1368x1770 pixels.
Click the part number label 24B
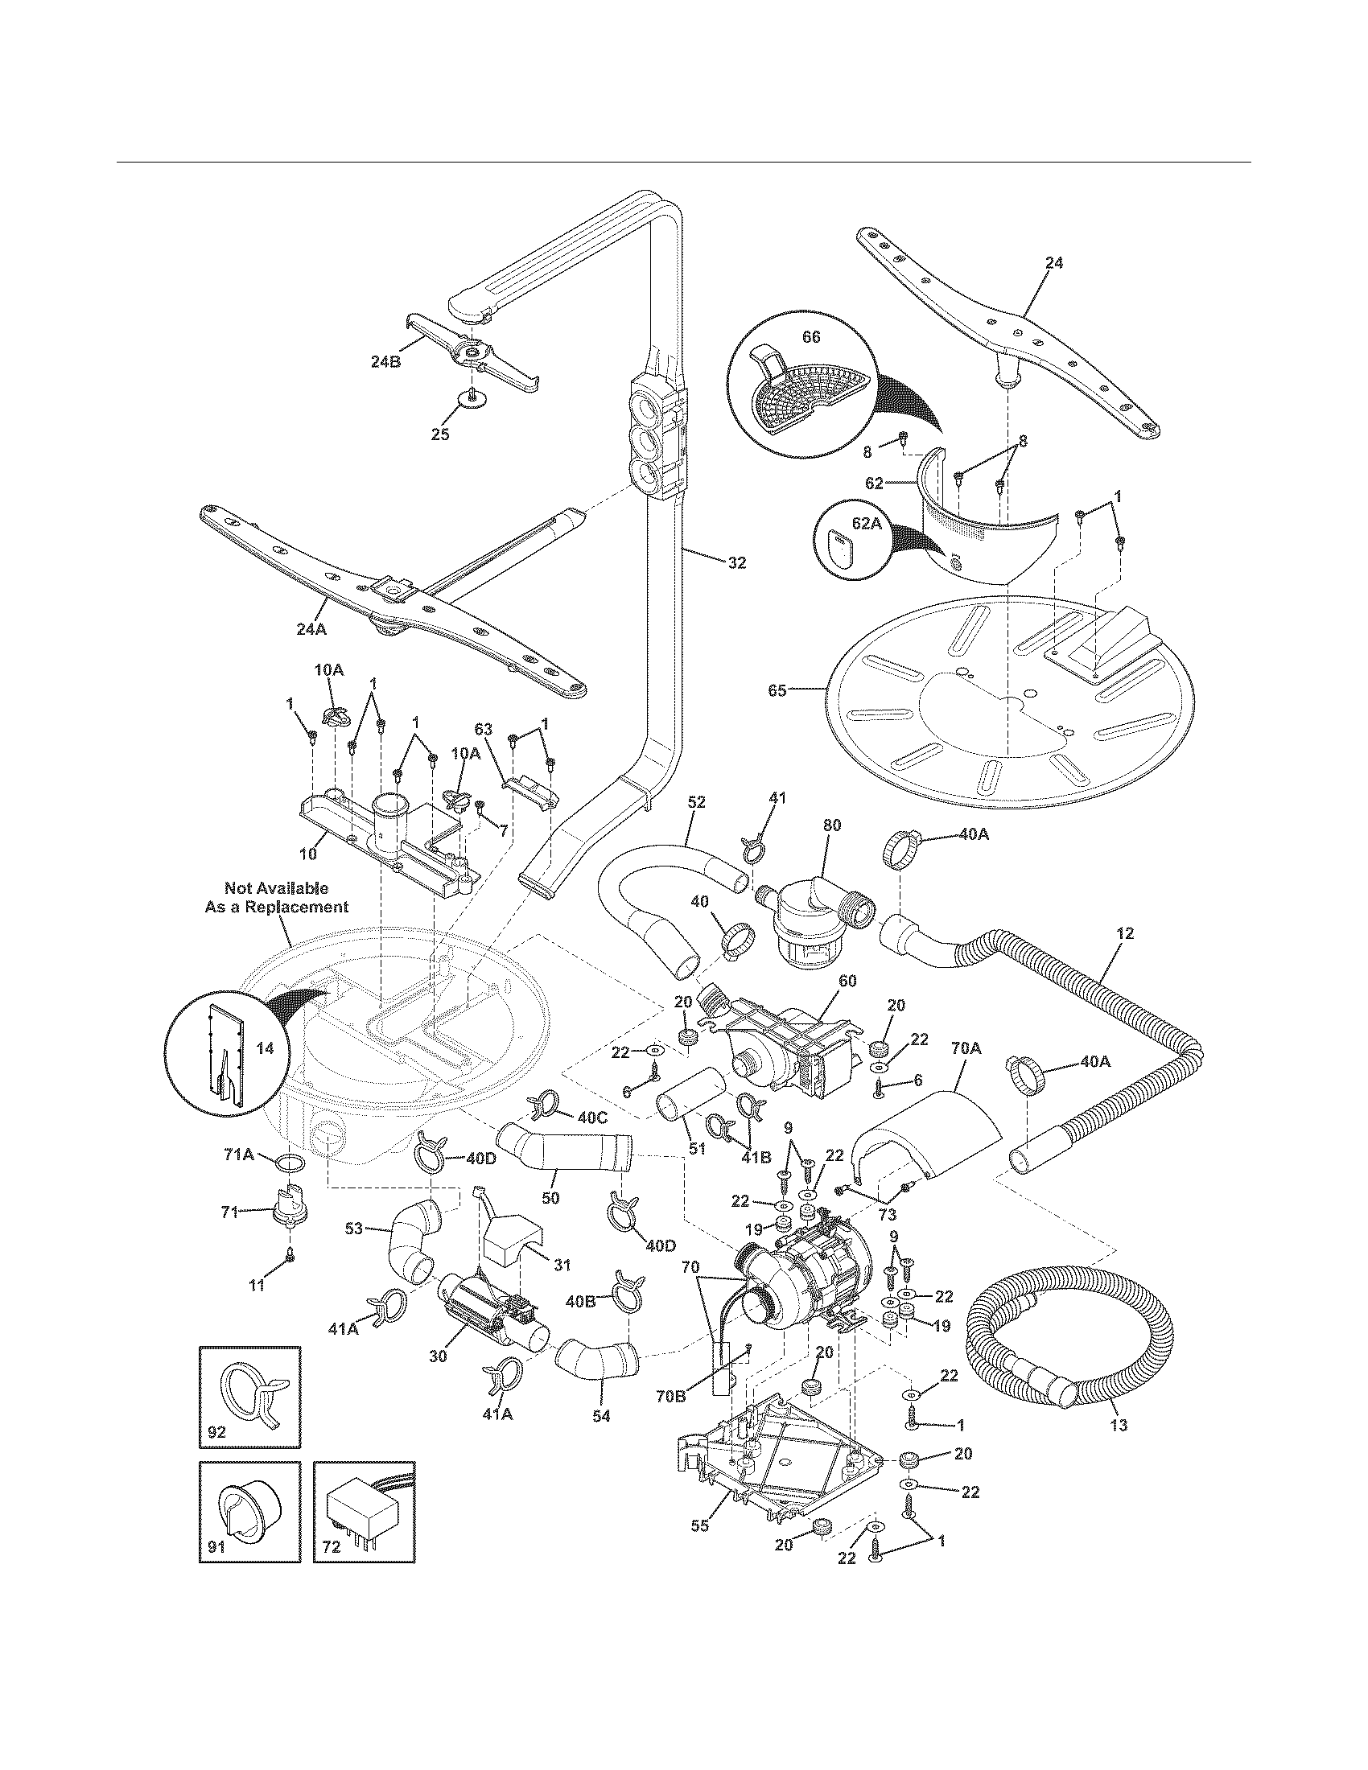[385, 362]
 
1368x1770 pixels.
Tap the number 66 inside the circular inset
[811, 337]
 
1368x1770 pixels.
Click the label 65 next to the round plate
[777, 691]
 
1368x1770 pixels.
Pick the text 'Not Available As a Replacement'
[276, 898]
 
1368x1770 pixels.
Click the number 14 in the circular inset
[265, 1048]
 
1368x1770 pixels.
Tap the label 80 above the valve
[832, 825]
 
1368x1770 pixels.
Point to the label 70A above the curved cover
[965, 1048]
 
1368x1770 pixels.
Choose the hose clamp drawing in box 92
[251, 1391]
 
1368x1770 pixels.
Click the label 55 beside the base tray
[699, 1525]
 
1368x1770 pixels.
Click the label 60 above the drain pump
[847, 982]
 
